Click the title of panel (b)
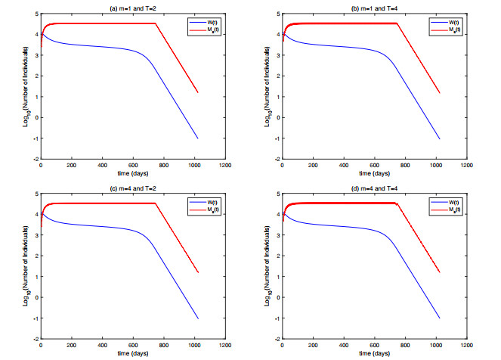[x=374, y=7]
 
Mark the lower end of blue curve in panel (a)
[x=198, y=138]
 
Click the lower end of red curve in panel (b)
[x=440, y=92]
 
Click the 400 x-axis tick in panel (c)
[x=102, y=346]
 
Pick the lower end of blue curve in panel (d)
[x=440, y=318]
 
